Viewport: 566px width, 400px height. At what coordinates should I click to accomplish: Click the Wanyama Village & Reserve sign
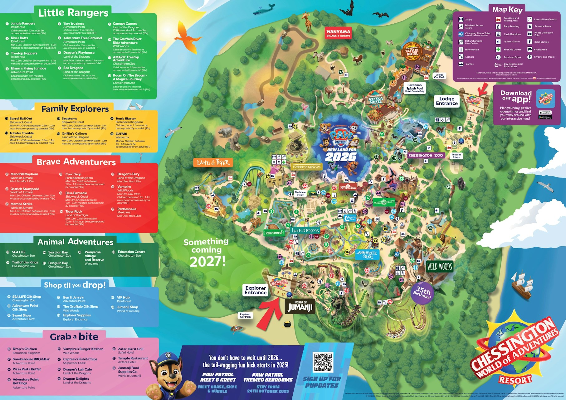pyautogui.click(x=338, y=33)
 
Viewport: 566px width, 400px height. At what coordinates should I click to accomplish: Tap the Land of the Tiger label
pyautogui.click(x=213, y=162)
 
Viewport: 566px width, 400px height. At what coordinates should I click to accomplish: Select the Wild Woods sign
pyautogui.click(x=439, y=267)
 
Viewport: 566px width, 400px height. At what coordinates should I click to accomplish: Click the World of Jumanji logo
pyautogui.click(x=300, y=306)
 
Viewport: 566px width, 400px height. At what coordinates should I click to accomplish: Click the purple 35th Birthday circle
pyautogui.click(x=422, y=292)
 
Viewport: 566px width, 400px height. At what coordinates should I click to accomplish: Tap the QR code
pyautogui.click(x=323, y=362)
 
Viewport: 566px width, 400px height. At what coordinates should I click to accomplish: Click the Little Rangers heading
pyautogui.click(x=73, y=13)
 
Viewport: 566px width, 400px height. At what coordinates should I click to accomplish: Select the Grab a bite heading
pyautogui.click(x=74, y=337)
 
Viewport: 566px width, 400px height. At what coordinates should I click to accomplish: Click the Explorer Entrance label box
pyautogui.click(x=255, y=290)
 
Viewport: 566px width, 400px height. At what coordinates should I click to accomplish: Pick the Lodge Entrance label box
pyautogui.click(x=446, y=101)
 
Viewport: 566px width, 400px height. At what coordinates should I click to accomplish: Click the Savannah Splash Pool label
pyautogui.click(x=414, y=88)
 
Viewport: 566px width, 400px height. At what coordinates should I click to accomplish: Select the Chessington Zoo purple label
pyautogui.click(x=425, y=155)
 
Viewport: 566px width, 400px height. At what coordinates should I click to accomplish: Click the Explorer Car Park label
pyautogui.click(x=245, y=316)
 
